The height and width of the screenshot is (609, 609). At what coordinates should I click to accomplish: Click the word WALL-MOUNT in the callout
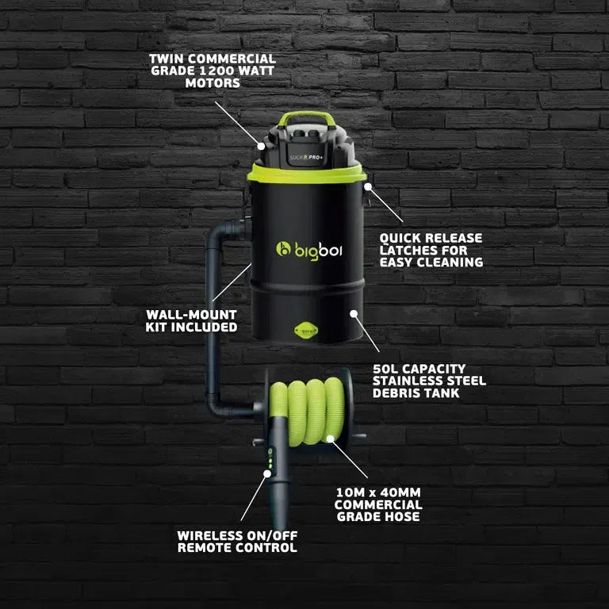pyautogui.click(x=179, y=315)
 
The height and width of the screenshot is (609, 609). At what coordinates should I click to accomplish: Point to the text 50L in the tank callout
pyautogui.click(x=387, y=369)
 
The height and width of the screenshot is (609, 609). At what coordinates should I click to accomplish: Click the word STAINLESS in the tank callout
pyautogui.click(x=410, y=381)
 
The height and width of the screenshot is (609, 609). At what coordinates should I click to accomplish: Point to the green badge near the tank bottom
pyautogui.click(x=305, y=330)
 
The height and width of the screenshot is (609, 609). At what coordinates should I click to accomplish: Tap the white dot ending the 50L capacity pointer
pyautogui.click(x=353, y=313)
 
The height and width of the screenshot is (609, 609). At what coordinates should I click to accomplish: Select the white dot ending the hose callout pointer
pyautogui.click(x=331, y=438)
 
